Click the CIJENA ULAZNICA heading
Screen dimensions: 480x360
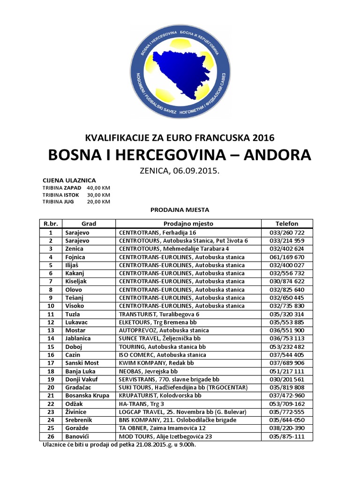(x=69, y=180)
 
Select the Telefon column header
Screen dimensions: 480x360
(x=287, y=224)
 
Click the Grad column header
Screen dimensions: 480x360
(x=89, y=224)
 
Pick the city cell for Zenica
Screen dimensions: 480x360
(x=75, y=248)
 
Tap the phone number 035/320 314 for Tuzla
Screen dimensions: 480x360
(x=287, y=314)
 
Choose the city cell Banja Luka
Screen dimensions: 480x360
(x=78, y=371)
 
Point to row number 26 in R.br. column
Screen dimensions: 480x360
(x=51, y=436)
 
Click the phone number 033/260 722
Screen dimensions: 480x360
(x=287, y=232)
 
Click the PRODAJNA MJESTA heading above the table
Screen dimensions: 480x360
(x=180, y=210)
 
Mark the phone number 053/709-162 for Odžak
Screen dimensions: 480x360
(x=287, y=404)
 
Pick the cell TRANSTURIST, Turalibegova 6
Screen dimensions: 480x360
(x=159, y=314)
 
